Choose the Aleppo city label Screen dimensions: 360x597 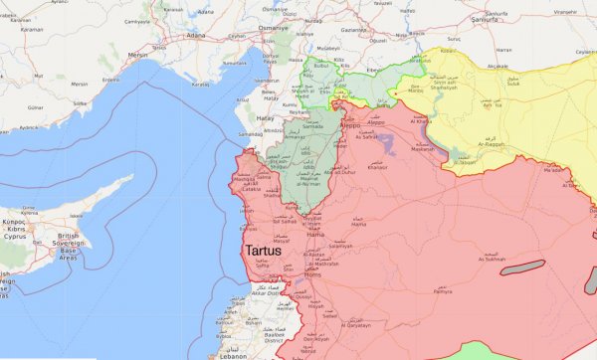coord(349,129)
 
